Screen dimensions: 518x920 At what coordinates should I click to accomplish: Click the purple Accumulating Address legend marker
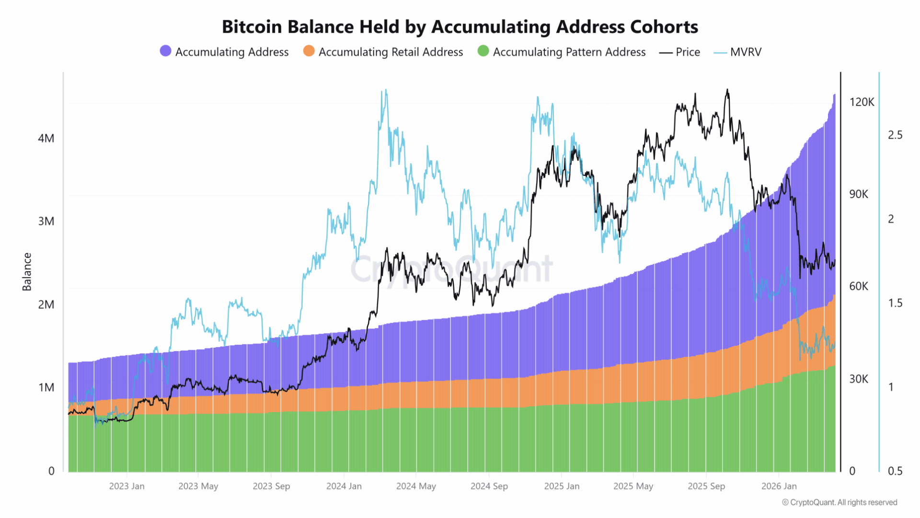coord(165,51)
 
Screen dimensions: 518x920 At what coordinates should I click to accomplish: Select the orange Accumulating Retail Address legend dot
coord(309,51)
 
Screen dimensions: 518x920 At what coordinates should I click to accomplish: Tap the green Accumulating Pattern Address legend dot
coord(483,51)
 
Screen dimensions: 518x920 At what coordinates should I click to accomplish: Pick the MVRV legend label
coord(745,52)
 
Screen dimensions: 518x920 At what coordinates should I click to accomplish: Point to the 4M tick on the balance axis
coord(46,139)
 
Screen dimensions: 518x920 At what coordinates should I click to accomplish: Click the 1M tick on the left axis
coord(46,388)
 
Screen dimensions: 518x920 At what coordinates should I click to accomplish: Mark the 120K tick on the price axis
coord(862,102)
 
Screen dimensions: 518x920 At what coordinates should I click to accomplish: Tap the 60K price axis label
coord(858,286)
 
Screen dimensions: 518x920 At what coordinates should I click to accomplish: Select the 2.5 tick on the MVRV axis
coord(895,135)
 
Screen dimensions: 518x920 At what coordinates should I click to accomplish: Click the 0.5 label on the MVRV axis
coord(895,471)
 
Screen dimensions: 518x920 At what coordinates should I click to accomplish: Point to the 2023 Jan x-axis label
coord(126,486)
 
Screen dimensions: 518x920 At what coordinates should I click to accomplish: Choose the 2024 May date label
coord(416,486)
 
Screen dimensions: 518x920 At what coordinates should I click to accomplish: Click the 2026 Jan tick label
coord(779,486)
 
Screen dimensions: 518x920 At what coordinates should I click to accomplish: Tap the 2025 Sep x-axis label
coord(706,486)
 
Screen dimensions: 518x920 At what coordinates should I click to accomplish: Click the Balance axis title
coord(27,271)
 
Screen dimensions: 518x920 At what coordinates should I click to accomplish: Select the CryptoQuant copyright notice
coord(839,502)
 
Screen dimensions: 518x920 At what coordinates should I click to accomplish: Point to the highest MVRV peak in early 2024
coord(385,90)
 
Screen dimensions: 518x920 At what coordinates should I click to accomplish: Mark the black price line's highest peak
coord(727,90)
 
